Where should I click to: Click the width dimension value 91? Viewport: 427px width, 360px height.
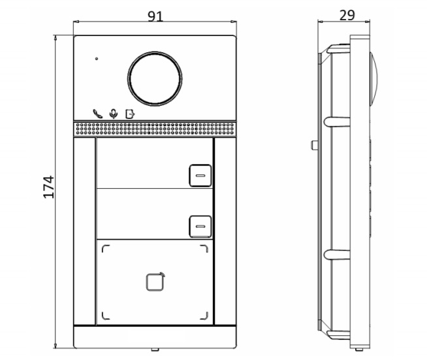155,16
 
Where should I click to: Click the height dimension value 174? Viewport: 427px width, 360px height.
49,187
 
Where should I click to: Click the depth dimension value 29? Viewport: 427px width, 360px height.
347,15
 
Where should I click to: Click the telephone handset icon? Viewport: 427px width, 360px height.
98,112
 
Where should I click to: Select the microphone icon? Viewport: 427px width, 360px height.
114,112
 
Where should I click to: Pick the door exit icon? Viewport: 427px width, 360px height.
129,112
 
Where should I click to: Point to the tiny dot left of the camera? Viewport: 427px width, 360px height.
97,59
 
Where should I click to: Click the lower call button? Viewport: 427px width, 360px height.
200,226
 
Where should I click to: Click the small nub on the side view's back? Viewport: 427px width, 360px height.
313,144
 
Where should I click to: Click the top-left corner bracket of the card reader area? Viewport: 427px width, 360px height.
105,248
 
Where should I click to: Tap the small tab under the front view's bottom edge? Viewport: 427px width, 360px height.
154,350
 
